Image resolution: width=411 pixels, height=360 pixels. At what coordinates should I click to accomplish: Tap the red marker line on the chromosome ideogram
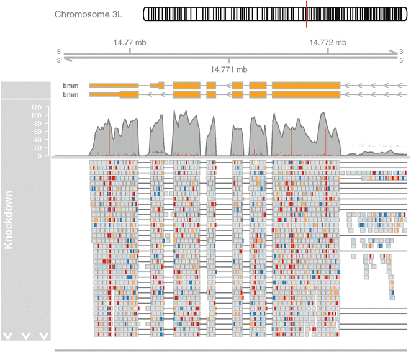click(307, 13)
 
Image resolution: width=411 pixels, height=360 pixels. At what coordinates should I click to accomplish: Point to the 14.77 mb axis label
click(130, 43)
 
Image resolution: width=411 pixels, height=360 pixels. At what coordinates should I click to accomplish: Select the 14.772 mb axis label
click(327, 43)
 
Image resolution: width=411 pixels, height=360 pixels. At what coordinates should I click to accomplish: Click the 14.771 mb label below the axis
click(229, 70)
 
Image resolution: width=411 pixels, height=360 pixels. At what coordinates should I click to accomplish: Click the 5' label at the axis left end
click(60, 52)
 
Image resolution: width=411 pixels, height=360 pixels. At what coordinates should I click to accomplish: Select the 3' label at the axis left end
click(60, 60)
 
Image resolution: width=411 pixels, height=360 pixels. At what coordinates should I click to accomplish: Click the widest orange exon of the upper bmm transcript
click(306, 85)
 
